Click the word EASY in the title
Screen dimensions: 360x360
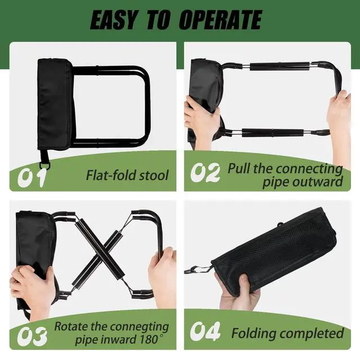[114, 20]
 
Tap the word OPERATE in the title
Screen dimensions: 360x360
[220, 20]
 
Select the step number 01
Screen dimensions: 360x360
[31, 177]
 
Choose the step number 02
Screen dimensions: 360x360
[205, 172]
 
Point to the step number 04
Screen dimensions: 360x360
[205, 331]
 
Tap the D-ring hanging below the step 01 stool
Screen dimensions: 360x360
[44, 165]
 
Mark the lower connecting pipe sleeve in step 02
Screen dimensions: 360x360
[272, 133]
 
